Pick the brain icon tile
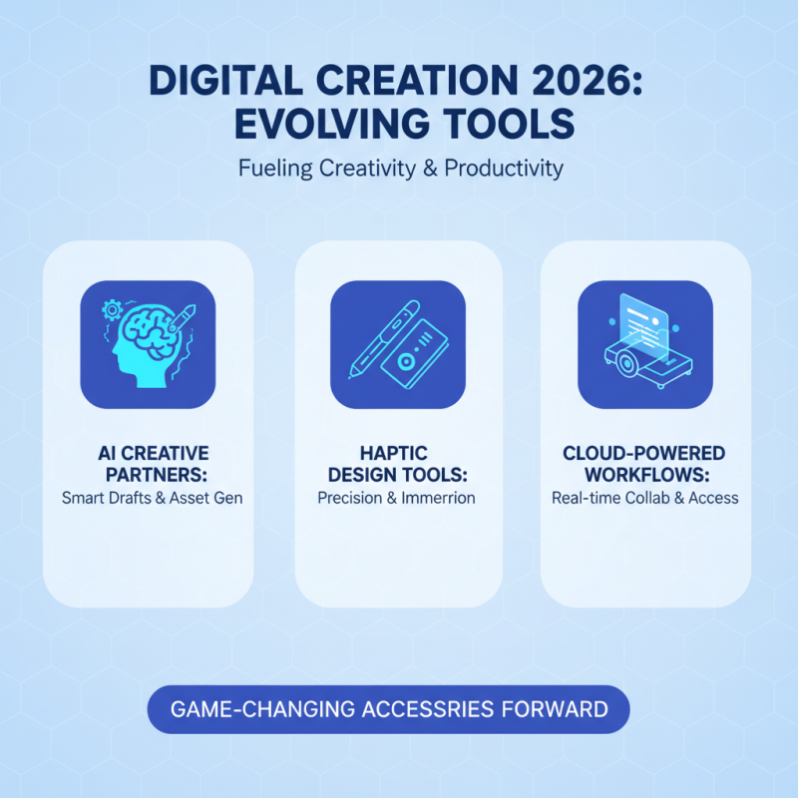pyautogui.click(x=147, y=344)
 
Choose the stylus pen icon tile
pyautogui.click(x=397, y=344)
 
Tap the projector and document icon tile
pyautogui.click(x=645, y=344)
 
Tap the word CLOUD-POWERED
pyautogui.click(x=645, y=454)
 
